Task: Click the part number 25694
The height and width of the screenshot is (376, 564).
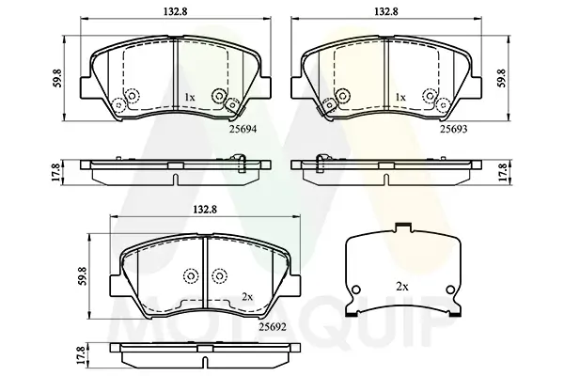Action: click(243, 129)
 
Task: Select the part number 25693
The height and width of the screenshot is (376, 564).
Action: click(454, 129)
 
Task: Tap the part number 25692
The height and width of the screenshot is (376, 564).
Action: click(273, 327)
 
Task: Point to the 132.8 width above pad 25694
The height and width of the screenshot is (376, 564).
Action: click(176, 11)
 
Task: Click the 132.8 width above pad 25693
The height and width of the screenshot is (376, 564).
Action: click(386, 11)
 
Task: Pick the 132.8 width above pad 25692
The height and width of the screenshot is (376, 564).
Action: click(205, 210)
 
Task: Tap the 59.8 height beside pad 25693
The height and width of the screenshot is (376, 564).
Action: click(502, 78)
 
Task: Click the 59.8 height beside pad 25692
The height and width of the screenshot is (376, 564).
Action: click(84, 276)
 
